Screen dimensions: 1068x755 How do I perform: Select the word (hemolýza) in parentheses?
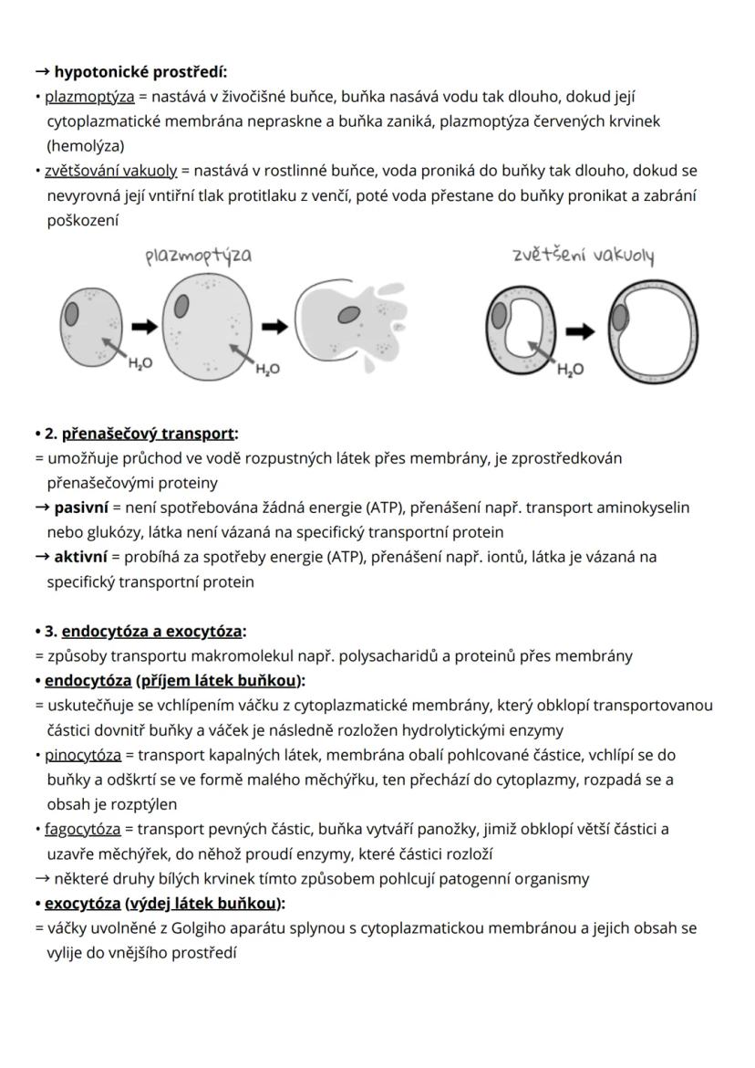(x=86, y=145)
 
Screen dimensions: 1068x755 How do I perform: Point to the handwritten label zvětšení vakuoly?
(x=584, y=256)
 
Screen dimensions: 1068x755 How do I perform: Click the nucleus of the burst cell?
(x=348, y=315)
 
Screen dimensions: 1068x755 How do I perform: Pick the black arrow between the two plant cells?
(x=578, y=330)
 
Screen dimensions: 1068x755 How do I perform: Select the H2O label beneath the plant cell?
(x=570, y=370)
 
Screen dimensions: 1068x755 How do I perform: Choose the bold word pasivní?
(x=81, y=507)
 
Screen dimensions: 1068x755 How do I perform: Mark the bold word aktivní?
(x=80, y=556)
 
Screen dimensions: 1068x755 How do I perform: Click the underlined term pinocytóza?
(x=83, y=755)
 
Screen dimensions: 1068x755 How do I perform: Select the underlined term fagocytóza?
(x=83, y=829)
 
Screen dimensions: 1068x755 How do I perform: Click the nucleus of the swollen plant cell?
(x=620, y=319)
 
